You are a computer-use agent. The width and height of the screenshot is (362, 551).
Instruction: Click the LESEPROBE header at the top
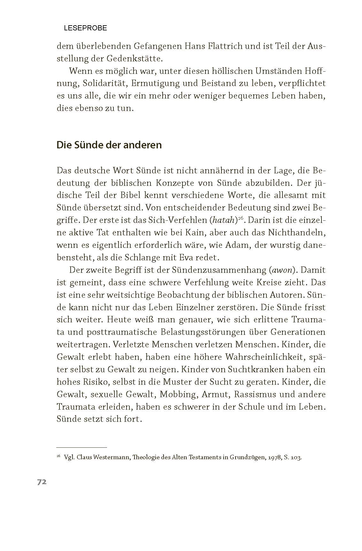tap(85, 28)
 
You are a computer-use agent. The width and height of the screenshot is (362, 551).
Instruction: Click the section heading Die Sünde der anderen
tap(109, 145)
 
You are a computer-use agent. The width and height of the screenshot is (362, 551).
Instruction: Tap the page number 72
tap(42, 482)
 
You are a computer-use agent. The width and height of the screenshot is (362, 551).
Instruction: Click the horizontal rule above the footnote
tap(81, 447)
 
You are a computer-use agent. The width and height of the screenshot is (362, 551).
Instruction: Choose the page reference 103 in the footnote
tap(296, 457)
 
